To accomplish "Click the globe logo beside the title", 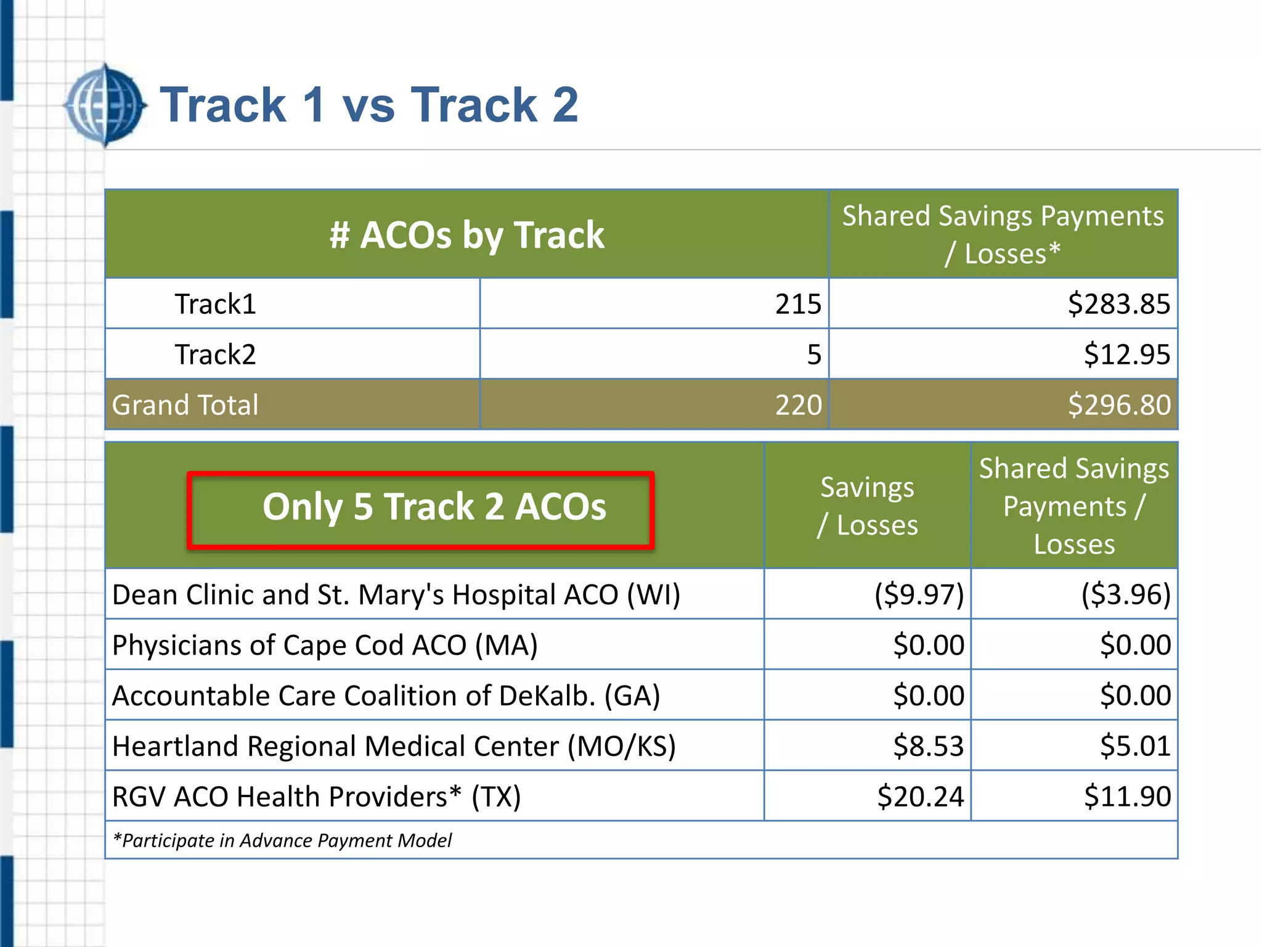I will point(105,105).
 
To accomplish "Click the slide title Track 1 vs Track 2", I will point(368,105).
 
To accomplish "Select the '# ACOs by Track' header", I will point(466,235).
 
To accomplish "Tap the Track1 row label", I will point(215,304).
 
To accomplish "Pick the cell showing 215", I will point(797,304).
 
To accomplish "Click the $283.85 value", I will point(1118,304).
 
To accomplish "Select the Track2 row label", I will point(215,355).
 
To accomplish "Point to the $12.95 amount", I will point(1126,355).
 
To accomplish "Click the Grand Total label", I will point(185,405).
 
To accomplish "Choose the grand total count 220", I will point(797,405).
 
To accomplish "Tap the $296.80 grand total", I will point(1118,405).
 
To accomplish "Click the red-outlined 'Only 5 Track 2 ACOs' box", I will point(421,509).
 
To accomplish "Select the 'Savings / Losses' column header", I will point(867,506).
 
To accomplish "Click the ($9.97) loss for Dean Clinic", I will point(919,595).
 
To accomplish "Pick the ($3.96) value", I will point(1125,595).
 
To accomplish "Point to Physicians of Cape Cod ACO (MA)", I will point(325,646).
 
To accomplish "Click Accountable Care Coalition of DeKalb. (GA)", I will point(386,696).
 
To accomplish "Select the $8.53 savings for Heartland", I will point(928,746).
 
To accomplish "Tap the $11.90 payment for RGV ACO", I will point(1126,797).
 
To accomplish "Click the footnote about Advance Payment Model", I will point(282,841).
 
